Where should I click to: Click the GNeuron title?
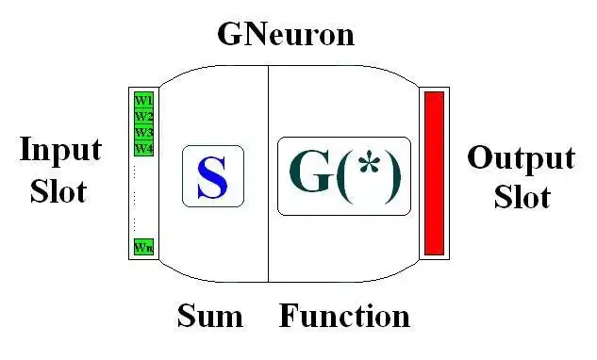[x=286, y=34]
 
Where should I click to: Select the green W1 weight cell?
[x=143, y=99]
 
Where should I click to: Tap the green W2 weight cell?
[x=143, y=116]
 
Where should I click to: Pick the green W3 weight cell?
[x=143, y=132]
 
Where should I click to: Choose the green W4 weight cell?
[x=143, y=148]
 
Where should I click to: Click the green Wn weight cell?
[x=143, y=247]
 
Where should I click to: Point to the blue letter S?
[x=212, y=176]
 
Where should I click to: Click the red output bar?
[x=434, y=173]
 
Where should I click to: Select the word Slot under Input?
[x=58, y=190]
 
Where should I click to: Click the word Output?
[x=521, y=157]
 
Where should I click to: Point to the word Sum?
[x=209, y=316]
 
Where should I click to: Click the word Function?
[x=344, y=316]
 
